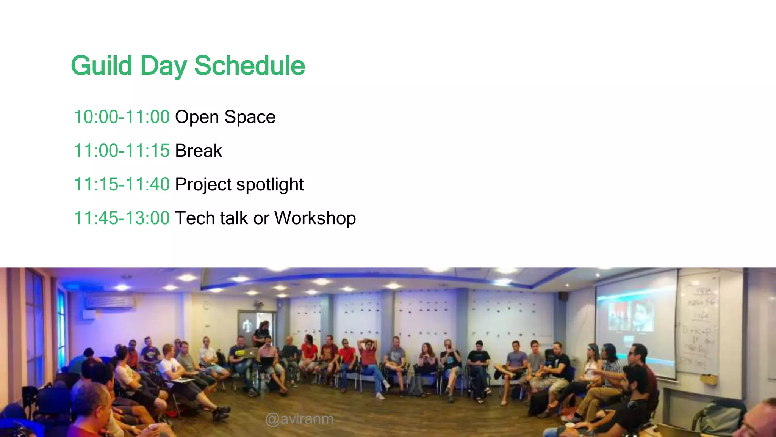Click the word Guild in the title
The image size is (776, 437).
pyautogui.click(x=101, y=66)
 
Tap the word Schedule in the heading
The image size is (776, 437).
pyautogui.click(x=249, y=66)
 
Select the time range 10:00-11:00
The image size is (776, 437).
pyautogui.click(x=122, y=117)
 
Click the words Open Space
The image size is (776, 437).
pyautogui.click(x=225, y=117)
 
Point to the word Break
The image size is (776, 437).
pyautogui.click(x=198, y=151)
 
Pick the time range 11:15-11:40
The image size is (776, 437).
pyautogui.click(x=122, y=184)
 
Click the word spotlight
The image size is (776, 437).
pyautogui.click(x=270, y=184)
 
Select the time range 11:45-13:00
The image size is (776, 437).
pyautogui.click(x=122, y=218)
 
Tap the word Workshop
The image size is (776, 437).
pyautogui.click(x=315, y=218)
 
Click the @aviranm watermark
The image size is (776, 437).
pyautogui.click(x=299, y=419)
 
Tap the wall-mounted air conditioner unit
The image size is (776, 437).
pyautogui.click(x=110, y=302)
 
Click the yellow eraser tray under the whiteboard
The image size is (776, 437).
pyautogui.click(x=708, y=378)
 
